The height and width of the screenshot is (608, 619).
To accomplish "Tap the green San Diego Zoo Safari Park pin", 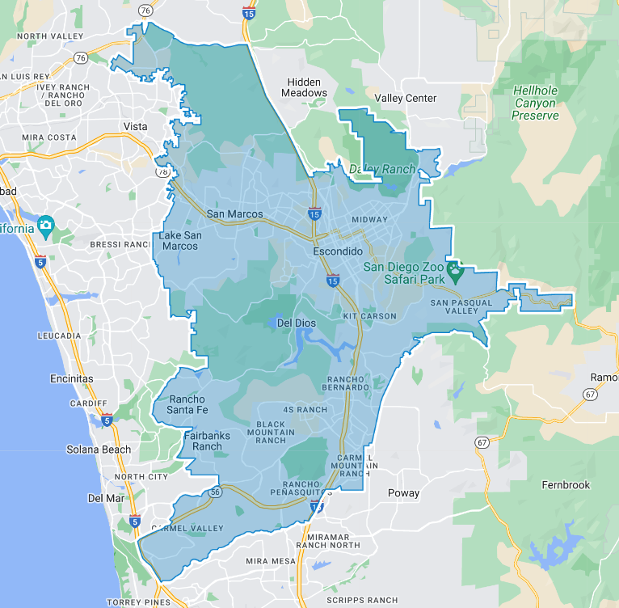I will click(454, 272).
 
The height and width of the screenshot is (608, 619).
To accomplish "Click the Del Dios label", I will click(295, 323).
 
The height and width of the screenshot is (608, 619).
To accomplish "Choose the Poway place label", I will click(403, 493).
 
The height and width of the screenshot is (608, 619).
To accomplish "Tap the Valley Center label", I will click(406, 99).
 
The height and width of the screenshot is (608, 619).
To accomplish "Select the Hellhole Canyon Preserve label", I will click(534, 103).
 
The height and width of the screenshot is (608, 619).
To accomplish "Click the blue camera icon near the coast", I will click(46, 224).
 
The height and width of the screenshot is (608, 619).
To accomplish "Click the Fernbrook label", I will click(566, 485).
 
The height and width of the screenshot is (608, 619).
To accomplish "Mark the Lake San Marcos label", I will click(179, 240).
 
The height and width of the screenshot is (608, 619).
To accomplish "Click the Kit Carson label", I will click(369, 315).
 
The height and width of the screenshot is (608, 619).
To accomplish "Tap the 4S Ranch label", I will click(305, 409).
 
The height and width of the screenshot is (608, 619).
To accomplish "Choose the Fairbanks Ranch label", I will click(207, 441).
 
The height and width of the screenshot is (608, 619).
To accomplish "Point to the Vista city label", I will click(135, 127).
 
